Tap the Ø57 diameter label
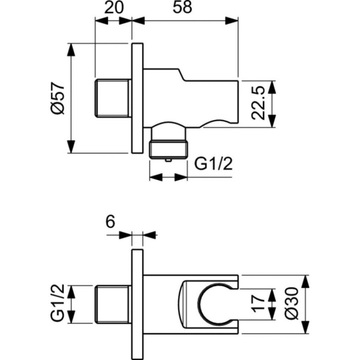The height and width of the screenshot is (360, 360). click(x=56, y=98)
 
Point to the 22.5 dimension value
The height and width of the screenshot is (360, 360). click(x=259, y=103)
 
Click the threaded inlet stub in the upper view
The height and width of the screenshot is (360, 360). click(x=113, y=98)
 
